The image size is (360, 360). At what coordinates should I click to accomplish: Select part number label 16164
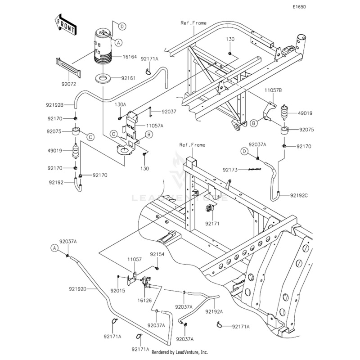tap(130, 57)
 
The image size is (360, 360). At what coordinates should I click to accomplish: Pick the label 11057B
tap(273, 90)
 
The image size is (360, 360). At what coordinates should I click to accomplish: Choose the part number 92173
tap(229, 170)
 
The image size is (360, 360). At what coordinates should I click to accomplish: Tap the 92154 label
tap(157, 254)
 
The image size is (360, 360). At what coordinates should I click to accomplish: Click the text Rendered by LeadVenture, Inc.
tap(180, 352)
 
